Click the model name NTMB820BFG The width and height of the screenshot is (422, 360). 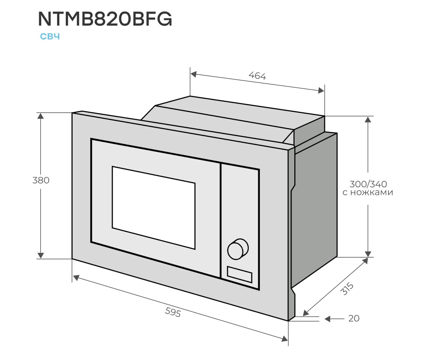(105, 19)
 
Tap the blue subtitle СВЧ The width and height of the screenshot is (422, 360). (50, 36)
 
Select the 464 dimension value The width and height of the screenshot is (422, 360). (257, 76)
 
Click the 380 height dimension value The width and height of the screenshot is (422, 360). (41, 180)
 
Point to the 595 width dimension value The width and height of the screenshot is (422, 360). (173, 312)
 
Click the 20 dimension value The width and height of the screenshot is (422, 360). (354, 318)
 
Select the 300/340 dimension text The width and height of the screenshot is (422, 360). (368, 184)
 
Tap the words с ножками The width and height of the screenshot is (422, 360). (368, 193)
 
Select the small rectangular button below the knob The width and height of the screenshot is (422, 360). (239, 275)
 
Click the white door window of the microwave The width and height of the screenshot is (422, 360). (153, 207)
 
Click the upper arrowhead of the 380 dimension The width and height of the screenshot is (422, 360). (41, 116)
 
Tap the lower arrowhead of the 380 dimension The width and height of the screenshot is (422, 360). (41, 255)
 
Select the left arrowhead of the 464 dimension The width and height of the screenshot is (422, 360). (193, 74)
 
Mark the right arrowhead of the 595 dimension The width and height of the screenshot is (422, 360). (285, 339)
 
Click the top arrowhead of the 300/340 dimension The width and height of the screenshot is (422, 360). (368, 119)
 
